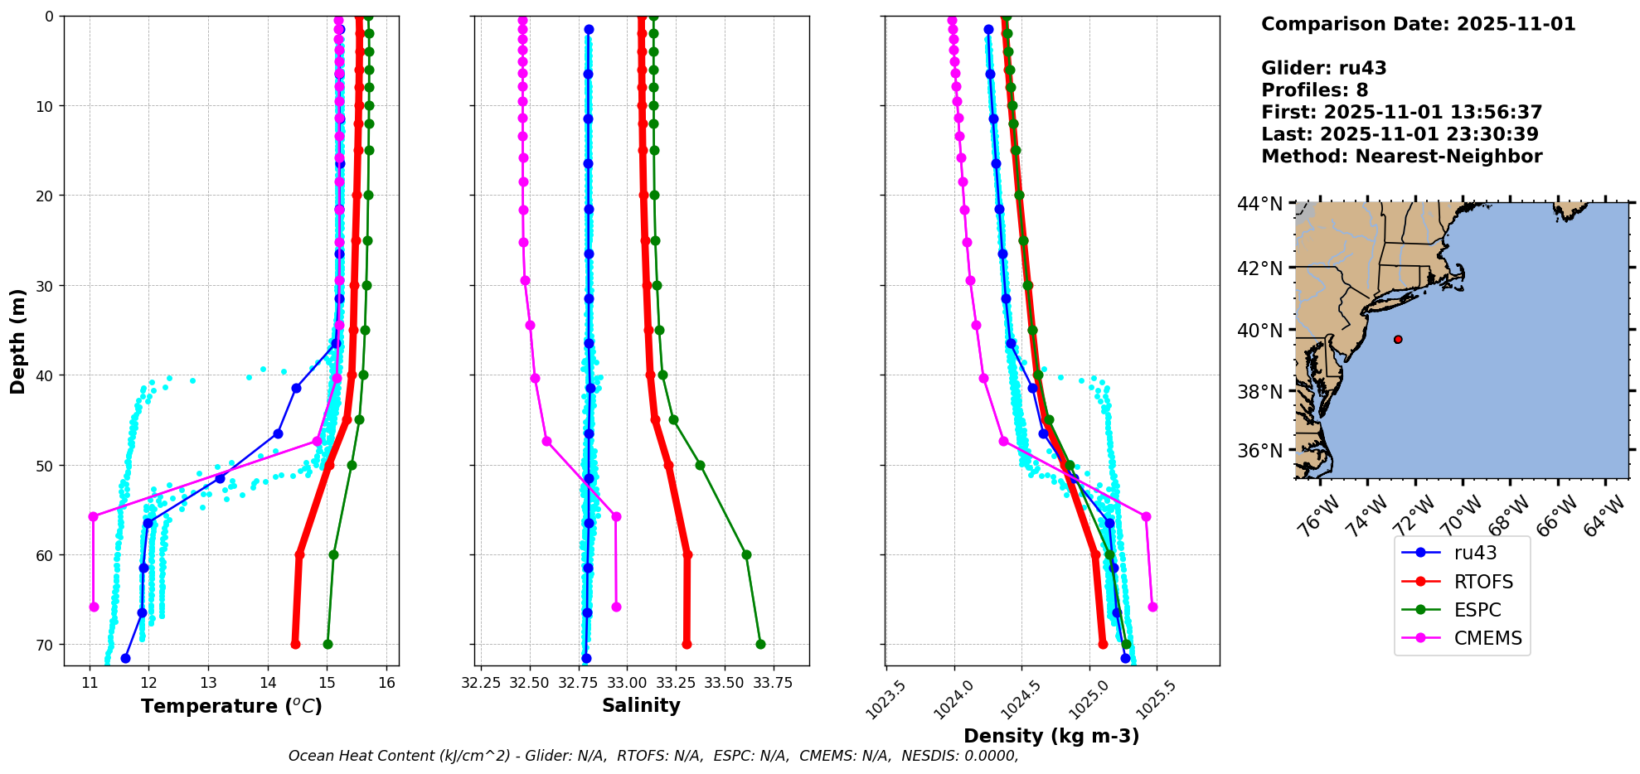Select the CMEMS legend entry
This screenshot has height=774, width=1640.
[x=1462, y=638]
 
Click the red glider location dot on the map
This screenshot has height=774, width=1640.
[x=1398, y=339]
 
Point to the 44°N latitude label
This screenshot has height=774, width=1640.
[x=1259, y=204]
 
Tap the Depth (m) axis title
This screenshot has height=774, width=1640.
[x=17, y=341]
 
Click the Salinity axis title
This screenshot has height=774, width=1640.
[x=641, y=705]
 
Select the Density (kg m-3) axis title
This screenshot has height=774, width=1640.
[x=1051, y=736]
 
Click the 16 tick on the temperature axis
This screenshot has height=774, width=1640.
[x=386, y=683]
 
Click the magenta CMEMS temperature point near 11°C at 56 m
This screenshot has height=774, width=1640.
[x=93, y=516]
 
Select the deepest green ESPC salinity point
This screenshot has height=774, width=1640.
[x=760, y=644]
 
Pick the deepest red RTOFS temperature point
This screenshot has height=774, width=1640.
[x=295, y=644]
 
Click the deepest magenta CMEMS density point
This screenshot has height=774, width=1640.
[x=1152, y=607]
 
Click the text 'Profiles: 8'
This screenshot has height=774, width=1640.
[x=1314, y=90]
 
